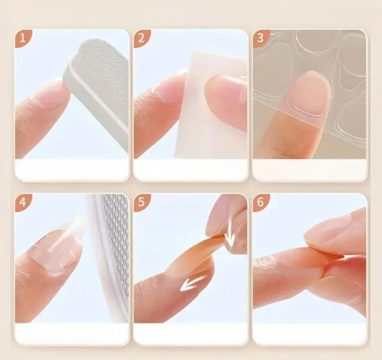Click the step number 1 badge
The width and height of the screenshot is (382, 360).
point(22,38)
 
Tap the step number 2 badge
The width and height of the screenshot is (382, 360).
point(141,38)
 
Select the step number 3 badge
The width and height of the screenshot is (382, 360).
point(260,38)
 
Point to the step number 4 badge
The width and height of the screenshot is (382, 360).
point(22,202)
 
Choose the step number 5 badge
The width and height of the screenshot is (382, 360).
point(141,202)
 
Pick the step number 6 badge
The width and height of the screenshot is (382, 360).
point(260,202)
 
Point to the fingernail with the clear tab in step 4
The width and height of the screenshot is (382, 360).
point(54,251)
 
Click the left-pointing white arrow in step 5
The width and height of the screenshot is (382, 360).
point(194,283)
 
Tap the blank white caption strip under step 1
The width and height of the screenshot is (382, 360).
point(72,169)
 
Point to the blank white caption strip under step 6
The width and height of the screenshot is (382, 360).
point(309,333)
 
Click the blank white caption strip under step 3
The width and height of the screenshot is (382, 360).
point(309,169)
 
